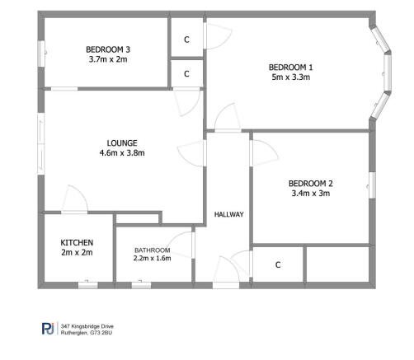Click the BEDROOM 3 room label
(x=109, y=49)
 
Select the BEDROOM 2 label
(x=310, y=183)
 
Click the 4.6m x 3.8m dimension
(x=122, y=152)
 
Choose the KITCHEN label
(x=77, y=242)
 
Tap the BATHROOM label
(x=152, y=250)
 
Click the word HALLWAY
(x=228, y=214)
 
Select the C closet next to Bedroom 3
(x=186, y=40)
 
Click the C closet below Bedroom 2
(x=278, y=265)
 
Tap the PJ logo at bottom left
(x=48, y=328)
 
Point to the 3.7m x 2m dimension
(x=109, y=59)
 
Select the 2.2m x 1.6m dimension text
(x=152, y=259)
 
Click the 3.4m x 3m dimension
(x=310, y=194)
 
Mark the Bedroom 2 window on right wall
(x=372, y=184)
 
